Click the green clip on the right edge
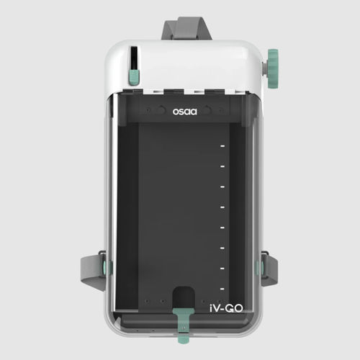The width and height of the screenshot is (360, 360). (258, 269)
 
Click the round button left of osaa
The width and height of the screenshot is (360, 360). (151, 112)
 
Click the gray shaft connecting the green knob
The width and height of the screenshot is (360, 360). (264, 65)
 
